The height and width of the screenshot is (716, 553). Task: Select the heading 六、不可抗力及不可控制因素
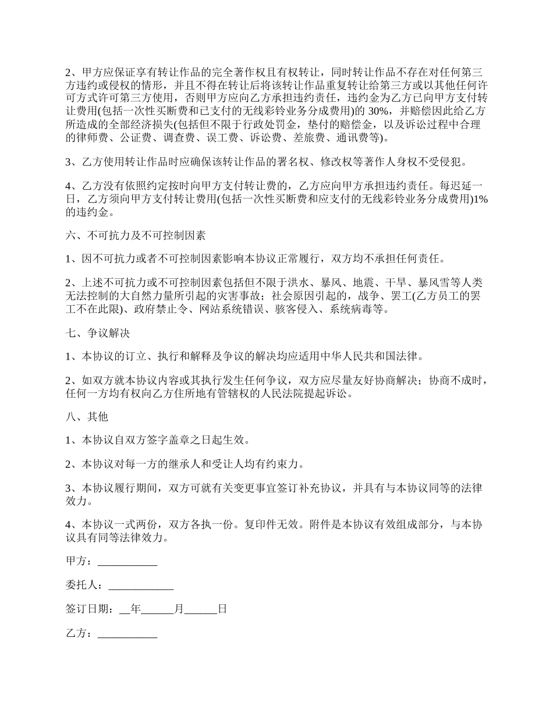[x=135, y=236]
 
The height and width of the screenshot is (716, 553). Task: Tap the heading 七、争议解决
[x=98, y=334]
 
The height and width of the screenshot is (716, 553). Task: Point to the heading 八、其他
[x=87, y=417]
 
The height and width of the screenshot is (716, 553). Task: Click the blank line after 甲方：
[x=127, y=562]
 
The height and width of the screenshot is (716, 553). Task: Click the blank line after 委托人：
[x=141, y=585]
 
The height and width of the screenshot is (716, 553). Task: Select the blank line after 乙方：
[x=127, y=634]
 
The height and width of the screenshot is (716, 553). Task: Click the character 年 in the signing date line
[x=136, y=609]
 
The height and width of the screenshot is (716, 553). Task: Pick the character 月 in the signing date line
[x=179, y=609]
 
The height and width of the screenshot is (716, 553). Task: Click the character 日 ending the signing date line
[x=222, y=609]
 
